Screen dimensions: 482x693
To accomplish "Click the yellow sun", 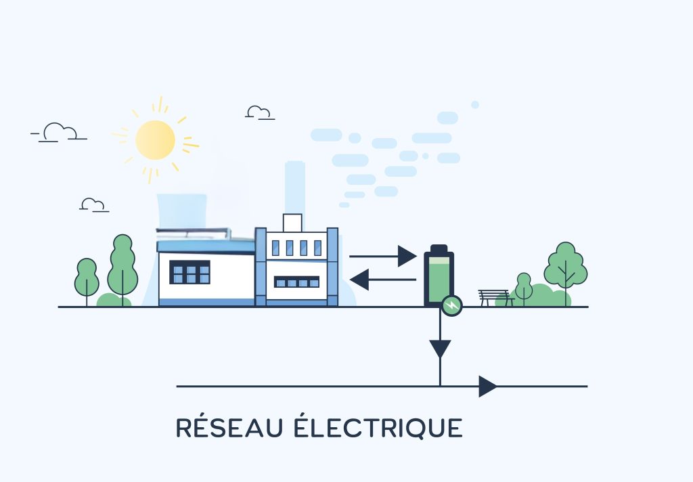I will click(x=156, y=140).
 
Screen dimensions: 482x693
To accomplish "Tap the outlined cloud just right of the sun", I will click(x=259, y=112).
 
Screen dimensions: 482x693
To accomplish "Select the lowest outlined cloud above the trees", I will click(x=93, y=204).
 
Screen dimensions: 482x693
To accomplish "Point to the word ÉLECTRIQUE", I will click(x=378, y=428).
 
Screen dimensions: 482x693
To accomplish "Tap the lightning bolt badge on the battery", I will click(x=451, y=306).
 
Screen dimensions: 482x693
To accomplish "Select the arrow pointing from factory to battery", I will click(x=382, y=256).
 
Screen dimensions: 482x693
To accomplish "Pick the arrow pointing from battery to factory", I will click(x=383, y=279).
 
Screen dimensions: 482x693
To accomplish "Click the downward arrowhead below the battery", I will click(x=440, y=348).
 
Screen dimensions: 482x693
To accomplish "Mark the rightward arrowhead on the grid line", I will click(x=487, y=386).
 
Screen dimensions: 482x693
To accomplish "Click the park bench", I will click(x=494, y=297).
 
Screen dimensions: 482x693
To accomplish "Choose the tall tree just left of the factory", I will click(x=122, y=264).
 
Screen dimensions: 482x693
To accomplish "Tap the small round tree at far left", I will click(x=87, y=276).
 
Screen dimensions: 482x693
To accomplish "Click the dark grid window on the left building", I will click(x=189, y=272).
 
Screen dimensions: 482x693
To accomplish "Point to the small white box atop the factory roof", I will click(x=292, y=222).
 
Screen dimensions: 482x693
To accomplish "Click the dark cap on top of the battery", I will click(x=439, y=249).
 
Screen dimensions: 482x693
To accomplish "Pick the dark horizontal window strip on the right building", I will click(x=296, y=282).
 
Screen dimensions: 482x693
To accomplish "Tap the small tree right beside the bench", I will click(x=523, y=286).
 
